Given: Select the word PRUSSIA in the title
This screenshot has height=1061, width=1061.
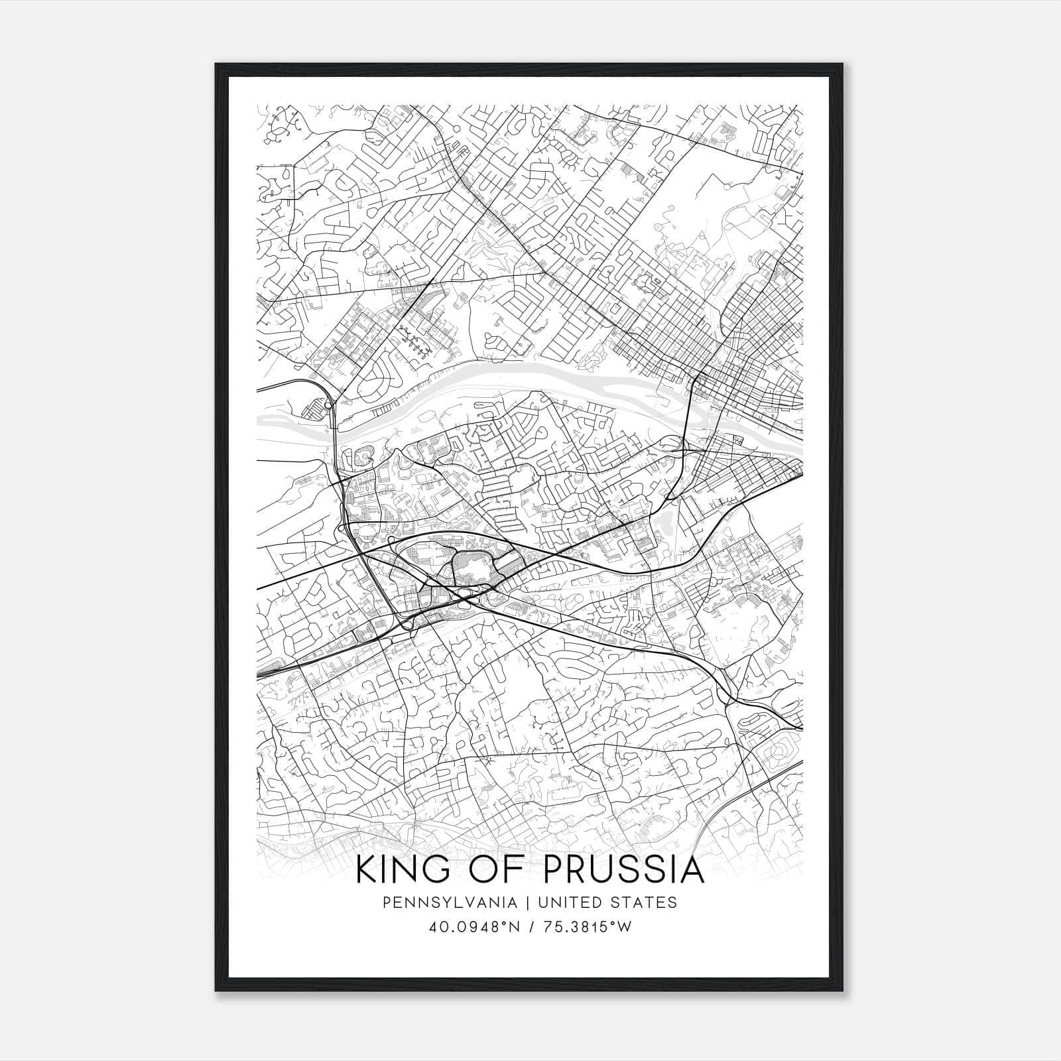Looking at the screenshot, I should [x=624, y=871].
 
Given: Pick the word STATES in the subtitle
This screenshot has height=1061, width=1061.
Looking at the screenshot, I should [x=646, y=903].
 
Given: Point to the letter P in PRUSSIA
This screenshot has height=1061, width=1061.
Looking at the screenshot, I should [x=554, y=871].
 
